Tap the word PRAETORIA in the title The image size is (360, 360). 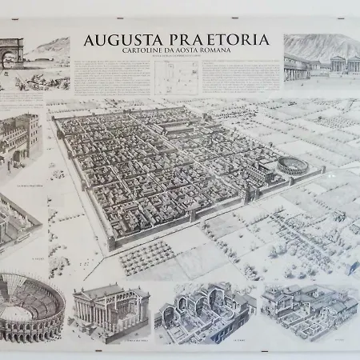pyautogui.click(x=226, y=41)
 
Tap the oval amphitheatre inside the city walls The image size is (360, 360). pyautogui.click(x=292, y=166)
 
